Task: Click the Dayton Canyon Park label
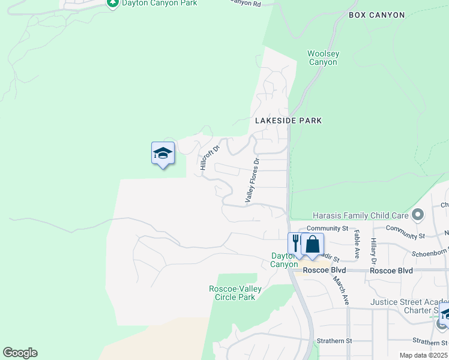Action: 159,3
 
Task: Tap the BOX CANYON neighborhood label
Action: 376,15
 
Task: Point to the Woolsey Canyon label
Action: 323,58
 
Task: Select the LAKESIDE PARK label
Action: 288,121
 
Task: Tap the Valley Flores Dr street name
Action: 252,179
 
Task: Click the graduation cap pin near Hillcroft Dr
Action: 163,154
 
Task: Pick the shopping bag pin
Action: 312,244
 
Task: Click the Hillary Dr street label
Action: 373,250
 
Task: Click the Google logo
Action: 20,353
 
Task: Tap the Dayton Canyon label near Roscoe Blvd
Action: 283,260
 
